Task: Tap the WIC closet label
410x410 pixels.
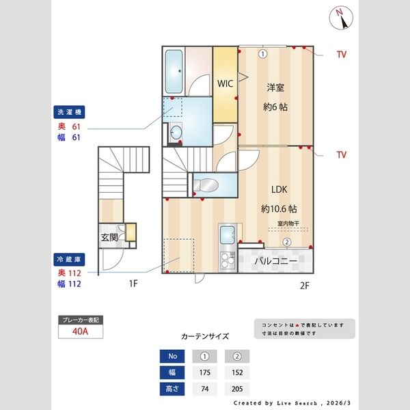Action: [225, 83]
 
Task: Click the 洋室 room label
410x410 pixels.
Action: [276, 87]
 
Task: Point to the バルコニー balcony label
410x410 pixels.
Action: [275, 261]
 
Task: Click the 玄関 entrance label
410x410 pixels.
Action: [109, 237]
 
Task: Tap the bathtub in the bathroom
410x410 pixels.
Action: [174, 73]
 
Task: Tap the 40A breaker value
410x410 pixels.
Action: [81, 332]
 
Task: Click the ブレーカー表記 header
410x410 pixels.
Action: [81, 320]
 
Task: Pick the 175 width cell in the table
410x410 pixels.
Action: [204, 373]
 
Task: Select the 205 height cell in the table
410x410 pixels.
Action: [237, 389]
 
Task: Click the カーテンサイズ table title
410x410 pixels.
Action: [204, 336]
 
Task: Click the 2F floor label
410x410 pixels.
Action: [305, 286]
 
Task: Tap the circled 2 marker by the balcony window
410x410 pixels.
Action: [287, 242]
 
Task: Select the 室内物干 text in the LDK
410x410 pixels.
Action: [292, 223]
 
